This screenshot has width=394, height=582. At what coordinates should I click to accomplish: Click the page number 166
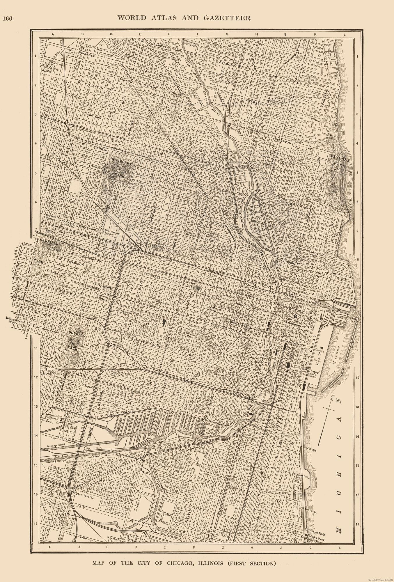tap(7, 18)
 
